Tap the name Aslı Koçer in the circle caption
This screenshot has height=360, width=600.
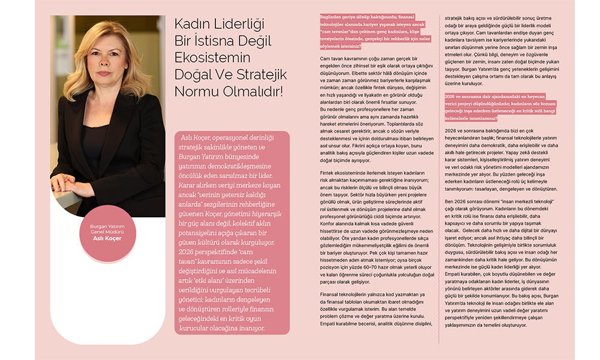click(x=107, y=238)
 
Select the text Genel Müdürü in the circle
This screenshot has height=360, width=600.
click(x=107, y=232)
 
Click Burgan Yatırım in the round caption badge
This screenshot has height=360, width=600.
click(x=107, y=226)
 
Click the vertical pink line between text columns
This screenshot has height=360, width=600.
click(x=437, y=180)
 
